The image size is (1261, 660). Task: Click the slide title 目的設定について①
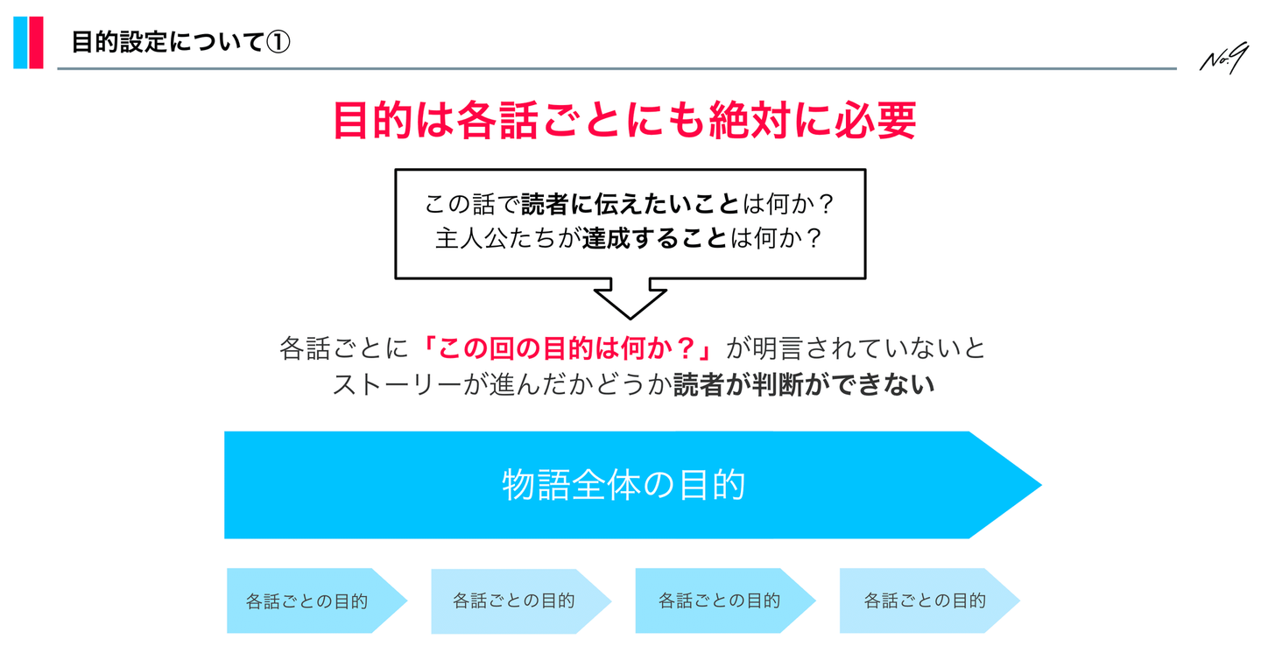180,42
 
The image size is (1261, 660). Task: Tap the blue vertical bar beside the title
20,43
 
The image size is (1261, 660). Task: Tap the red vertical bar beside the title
35,43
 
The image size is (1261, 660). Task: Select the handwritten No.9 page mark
1223,58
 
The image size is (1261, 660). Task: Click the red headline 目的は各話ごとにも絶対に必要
625,120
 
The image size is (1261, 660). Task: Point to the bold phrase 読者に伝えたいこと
630,204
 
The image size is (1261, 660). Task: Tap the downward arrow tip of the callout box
630,319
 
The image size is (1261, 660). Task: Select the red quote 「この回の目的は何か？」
568,348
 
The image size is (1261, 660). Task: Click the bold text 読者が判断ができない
804,385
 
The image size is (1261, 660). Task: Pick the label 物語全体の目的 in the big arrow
623,484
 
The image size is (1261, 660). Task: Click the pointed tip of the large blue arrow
1041,485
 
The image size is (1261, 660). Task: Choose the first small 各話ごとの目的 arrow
316,601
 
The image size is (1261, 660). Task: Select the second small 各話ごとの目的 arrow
521,601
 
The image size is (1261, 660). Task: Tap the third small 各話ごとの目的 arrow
725,601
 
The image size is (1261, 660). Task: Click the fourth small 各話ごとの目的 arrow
929,601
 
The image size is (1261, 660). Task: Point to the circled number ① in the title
278,42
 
